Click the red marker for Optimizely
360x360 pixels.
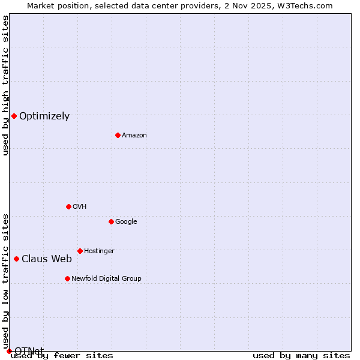pyautogui.click(x=14, y=116)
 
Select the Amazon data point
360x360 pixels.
pyautogui.click(x=118, y=135)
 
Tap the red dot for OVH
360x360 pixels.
pyautogui.click(x=68, y=206)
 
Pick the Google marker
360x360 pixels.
pyautogui.click(x=111, y=221)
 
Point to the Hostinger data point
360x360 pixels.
pyautogui.click(x=80, y=251)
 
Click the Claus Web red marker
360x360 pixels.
pyautogui.click(x=16, y=259)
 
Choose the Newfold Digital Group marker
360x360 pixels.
pyautogui.click(x=67, y=278)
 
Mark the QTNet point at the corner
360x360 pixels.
pyautogui.click(x=9, y=351)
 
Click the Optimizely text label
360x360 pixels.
pyautogui.click(x=44, y=116)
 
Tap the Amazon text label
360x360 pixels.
pyautogui.click(x=134, y=136)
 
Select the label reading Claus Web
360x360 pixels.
pyautogui.click(x=47, y=259)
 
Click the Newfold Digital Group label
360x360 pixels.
pyautogui.click(x=106, y=278)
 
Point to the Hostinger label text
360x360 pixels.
pyautogui.click(x=99, y=251)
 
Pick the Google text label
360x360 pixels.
pyautogui.click(x=126, y=222)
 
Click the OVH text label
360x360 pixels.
pyautogui.click(x=80, y=207)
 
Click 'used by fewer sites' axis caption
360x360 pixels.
pyautogui.click(x=62, y=356)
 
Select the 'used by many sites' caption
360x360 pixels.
pyautogui.click(x=301, y=356)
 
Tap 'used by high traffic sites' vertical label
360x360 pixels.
pyautogui.click(x=6, y=85)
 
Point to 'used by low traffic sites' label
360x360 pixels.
pyautogui.click(x=6, y=281)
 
